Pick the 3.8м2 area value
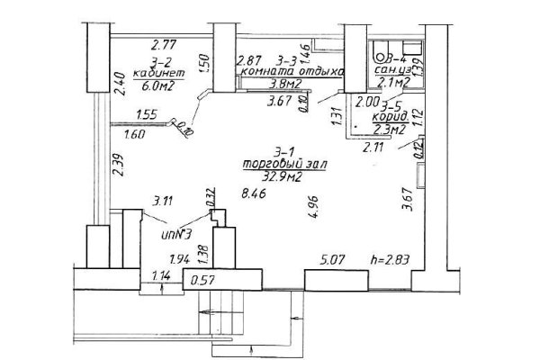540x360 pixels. click(286, 85)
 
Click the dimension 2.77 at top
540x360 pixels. click(163, 43)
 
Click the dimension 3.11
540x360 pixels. click(163, 201)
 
